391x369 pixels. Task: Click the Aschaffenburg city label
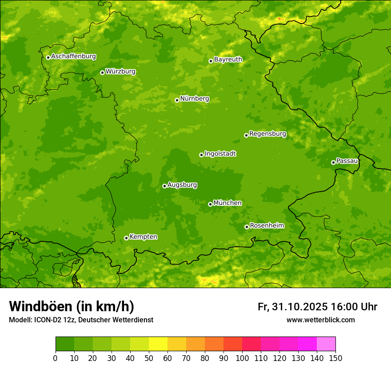coord(73,56)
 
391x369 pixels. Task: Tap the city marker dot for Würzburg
coord(102,72)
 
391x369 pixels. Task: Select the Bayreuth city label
coord(228,60)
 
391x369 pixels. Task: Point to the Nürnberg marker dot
coord(177,100)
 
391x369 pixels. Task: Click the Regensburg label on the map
coord(267,134)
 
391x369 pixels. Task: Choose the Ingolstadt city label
coord(220,154)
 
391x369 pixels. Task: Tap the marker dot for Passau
coord(333,162)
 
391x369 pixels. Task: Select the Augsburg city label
coord(182,185)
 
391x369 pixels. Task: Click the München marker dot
coord(210,204)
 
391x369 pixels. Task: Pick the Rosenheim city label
coord(267,226)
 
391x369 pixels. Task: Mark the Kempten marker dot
coord(126,238)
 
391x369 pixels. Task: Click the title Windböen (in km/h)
coord(72,306)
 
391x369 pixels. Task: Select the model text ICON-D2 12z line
coord(81,320)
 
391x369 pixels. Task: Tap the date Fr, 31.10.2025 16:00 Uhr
coord(317,307)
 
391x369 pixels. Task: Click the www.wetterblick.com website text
coord(320,320)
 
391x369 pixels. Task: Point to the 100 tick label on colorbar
coord(242,358)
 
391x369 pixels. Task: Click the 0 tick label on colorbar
coord(56,358)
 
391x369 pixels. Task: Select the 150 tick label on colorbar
coord(335,358)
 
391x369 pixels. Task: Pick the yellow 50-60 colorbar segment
coord(158,344)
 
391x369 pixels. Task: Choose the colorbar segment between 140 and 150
coord(326,344)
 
